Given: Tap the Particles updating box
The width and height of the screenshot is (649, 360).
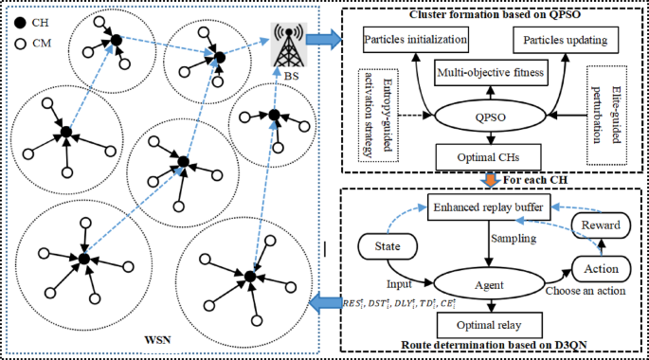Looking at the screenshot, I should click(565, 42).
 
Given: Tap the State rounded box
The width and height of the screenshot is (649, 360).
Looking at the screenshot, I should click(385, 248).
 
